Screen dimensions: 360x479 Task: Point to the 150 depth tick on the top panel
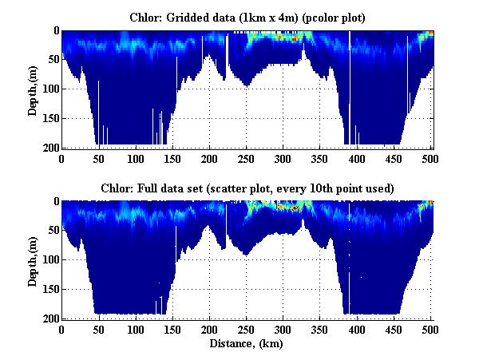click(x=50, y=118)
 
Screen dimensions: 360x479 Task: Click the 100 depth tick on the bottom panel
click(x=50, y=260)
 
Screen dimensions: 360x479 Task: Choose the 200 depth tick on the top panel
click(x=50, y=148)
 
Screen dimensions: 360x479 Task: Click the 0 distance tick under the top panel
click(x=61, y=159)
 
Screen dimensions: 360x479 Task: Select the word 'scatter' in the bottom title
click(x=303, y=188)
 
